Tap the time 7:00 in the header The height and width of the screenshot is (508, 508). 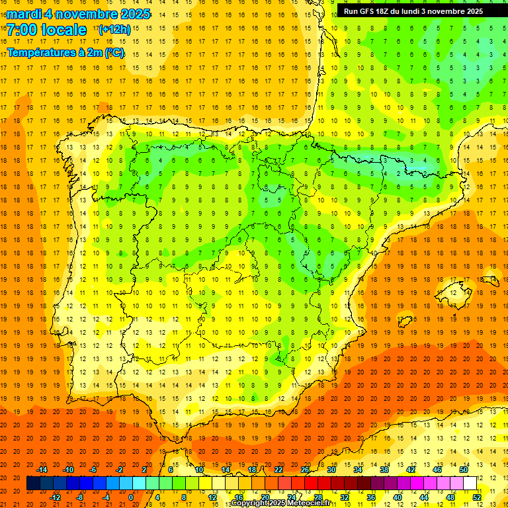tap(22, 30)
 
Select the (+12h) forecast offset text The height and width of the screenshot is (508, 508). tap(114, 30)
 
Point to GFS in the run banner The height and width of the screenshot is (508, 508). tap(368, 11)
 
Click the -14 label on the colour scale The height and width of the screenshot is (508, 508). tap(42, 470)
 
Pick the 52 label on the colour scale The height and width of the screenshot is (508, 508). tap(477, 497)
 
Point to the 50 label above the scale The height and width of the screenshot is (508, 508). tap(464, 470)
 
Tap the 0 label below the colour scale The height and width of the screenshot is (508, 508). tap(131, 497)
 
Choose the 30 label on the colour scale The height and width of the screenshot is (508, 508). tap(331, 470)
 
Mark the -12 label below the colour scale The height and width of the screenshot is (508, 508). tap(56, 497)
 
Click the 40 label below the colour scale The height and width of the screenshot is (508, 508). tap(398, 497)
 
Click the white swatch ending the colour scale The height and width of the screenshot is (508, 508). tap(470, 483)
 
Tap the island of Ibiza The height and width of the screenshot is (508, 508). tap(405, 321)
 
